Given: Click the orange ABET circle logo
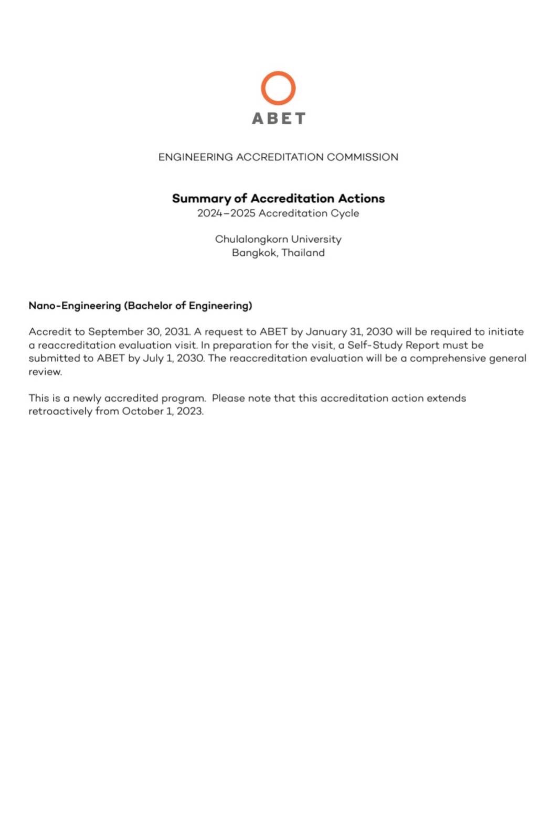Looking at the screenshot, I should [278, 88].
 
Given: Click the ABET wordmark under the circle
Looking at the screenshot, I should [278, 119].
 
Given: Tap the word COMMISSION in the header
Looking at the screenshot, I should [363, 157].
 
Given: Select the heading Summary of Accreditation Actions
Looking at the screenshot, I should [278, 199].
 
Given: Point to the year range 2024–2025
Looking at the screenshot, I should [226, 213].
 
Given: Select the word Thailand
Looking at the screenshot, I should [303, 253].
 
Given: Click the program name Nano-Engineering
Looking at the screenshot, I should [75, 306].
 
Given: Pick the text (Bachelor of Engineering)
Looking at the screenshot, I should [188, 306].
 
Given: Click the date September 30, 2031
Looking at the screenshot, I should [139, 332].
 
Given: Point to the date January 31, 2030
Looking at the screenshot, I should [349, 332].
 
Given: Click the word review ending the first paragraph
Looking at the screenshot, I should [45, 372].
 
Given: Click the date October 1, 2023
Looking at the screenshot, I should [163, 412].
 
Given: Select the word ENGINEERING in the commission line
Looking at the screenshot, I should [195, 157].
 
